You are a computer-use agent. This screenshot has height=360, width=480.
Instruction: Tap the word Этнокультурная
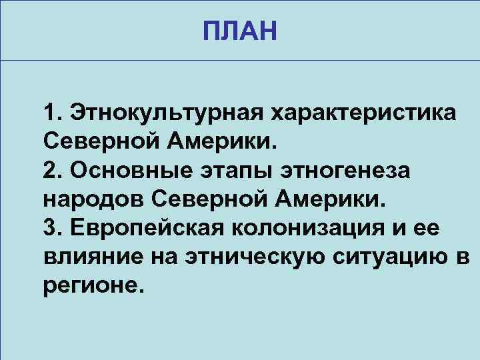[x=166, y=113]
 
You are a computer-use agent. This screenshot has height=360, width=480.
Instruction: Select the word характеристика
[x=363, y=113]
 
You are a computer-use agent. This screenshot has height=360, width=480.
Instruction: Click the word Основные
[x=129, y=170]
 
